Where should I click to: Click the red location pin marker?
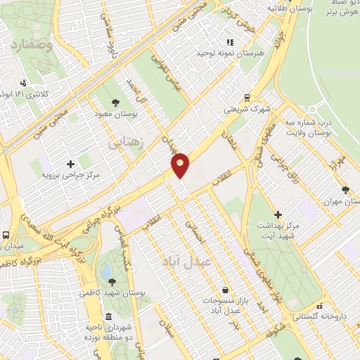[x=181, y=165]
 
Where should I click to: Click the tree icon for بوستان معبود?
[x=114, y=100]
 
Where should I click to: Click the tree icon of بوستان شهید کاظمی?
[x=112, y=281]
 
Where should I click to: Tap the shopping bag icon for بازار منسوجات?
[x=224, y=289]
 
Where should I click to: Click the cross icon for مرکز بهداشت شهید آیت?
[x=278, y=214]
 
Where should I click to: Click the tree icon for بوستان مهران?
[x=345, y=190]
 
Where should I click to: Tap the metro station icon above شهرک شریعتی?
[x=247, y=98]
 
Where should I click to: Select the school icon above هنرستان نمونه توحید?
[x=230, y=42]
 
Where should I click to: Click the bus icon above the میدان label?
[x=6, y=236]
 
